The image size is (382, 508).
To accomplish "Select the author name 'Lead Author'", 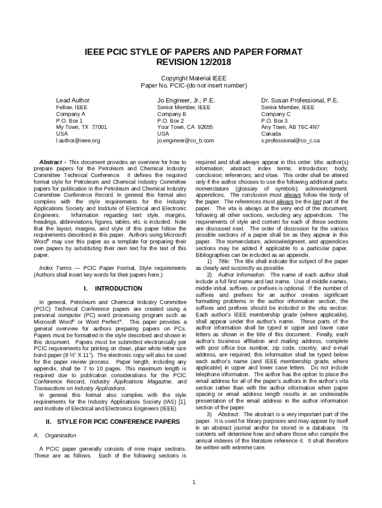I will [73, 100].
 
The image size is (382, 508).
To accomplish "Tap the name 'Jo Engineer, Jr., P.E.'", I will [187, 100].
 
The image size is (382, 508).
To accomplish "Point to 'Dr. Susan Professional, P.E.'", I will [300, 100].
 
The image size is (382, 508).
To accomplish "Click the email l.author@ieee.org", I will [78, 140].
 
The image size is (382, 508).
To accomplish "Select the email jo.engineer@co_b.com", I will [186, 140].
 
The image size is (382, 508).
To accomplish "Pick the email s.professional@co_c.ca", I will [291, 140].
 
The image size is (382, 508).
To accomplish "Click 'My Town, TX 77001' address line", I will [81, 127].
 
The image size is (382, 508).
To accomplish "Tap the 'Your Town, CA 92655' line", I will [185, 127].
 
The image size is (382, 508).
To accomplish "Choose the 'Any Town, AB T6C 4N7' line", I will [291, 127].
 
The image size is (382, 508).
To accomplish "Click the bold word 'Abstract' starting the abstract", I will [50, 162].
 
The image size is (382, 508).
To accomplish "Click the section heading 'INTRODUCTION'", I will [119, 288].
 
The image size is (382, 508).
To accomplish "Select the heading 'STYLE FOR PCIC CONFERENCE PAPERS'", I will [119, 422].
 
